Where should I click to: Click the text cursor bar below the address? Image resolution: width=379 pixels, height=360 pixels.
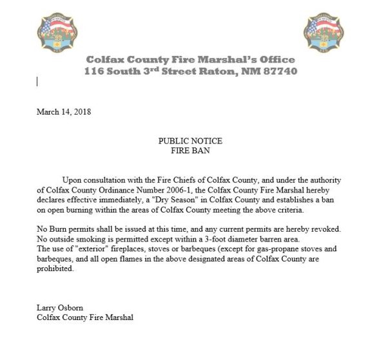click(x=37, y=81)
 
